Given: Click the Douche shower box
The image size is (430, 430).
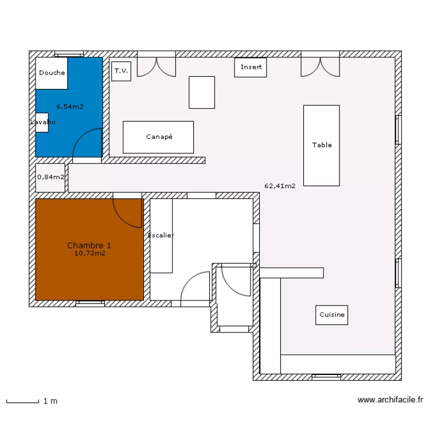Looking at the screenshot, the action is point(52,73).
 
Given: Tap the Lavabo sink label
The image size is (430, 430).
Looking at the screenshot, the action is point(43,122).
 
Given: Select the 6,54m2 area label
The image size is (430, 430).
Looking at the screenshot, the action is point(70,107).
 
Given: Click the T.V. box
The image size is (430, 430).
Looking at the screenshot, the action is point(121,71).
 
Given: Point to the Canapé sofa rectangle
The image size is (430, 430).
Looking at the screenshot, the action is point(158,137).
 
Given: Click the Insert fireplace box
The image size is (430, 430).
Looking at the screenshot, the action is point(251,68).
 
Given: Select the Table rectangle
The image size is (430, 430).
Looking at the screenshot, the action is point(322,146).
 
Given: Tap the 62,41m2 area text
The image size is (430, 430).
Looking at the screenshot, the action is point(280,186).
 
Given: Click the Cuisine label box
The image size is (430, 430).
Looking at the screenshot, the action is point(331,315).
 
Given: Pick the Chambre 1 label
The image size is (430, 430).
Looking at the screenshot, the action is point(89,245).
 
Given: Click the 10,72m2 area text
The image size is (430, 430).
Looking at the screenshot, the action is point(90,253).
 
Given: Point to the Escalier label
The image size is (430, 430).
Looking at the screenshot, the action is point(161,235).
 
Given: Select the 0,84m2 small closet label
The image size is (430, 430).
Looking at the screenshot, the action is point(50,177).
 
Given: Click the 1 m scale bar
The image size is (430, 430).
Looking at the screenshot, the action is point(23,401).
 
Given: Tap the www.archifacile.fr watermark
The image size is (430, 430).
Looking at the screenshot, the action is point(390,400).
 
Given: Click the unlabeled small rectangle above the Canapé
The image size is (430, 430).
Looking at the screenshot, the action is point(202,92).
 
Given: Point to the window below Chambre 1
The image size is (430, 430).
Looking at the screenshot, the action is point(90,303).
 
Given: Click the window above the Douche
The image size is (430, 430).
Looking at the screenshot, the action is point(69,54).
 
